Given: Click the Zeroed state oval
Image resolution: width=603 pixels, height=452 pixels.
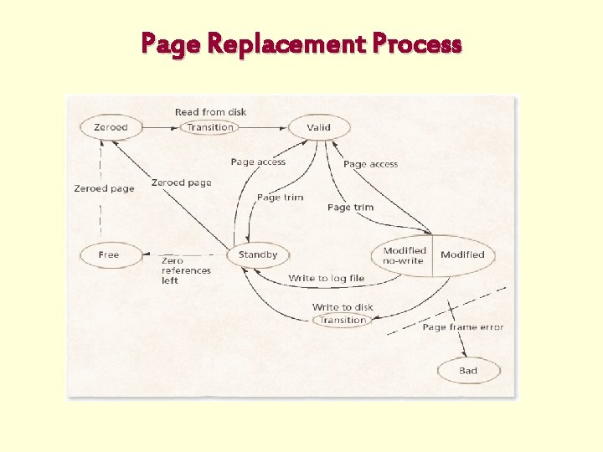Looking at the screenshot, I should coord(111,127).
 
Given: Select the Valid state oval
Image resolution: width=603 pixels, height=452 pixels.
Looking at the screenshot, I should coord(319,127).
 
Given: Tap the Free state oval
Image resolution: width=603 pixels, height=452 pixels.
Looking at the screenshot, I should coord(110,254).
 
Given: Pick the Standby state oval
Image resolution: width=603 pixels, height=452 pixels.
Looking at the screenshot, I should coord(258,254).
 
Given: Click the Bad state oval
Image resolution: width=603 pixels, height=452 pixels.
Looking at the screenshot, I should coord(468,371).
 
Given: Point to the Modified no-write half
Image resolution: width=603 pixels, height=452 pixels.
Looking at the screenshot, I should coord(405,255).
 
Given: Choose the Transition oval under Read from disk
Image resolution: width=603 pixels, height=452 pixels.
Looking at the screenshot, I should coord(210,127).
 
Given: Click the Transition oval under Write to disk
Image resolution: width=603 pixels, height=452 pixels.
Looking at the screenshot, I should coord(343,320).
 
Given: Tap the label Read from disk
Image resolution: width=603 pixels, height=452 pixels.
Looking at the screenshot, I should coord(210,112).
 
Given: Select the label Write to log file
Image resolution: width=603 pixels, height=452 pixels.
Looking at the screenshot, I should coord(327,278).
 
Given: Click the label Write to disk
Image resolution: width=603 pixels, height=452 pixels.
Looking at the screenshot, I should coord(343,307).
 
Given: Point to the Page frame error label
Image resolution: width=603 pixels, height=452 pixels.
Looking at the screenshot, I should coord(463,327).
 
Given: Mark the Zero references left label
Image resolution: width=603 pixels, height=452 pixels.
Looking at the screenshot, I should coord(186,270).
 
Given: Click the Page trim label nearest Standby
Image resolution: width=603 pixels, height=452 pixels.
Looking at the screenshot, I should coord(280,198).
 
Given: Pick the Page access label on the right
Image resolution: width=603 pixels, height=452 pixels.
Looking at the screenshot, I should coord(370,164).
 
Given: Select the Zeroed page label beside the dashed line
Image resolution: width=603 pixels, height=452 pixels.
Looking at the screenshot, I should coord(104,188).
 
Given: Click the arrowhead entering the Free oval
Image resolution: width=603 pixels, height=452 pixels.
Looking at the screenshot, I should coord(147,254).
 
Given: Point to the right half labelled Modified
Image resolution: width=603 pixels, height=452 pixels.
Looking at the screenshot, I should coord(462,254).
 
